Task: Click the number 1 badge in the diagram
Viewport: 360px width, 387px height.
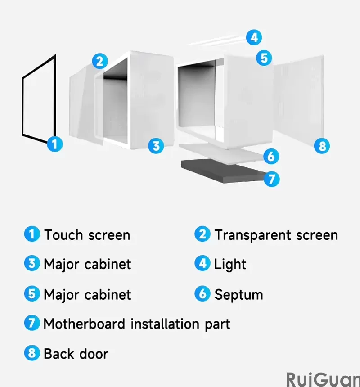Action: coord(54,144)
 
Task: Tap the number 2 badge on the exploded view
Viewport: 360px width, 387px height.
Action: coord(100,61)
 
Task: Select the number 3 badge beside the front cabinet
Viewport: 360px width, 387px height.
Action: coord(156,146)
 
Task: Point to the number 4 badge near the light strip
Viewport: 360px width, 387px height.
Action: coord(254,37)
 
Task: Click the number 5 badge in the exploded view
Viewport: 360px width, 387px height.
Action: coord(264,58)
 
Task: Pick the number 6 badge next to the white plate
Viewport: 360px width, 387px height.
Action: coord(271,157)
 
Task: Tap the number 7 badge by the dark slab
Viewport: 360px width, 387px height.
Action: coord(271,179)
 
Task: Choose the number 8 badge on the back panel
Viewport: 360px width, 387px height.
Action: coord(321,146)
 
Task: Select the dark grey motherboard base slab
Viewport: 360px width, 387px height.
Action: coord(220,171)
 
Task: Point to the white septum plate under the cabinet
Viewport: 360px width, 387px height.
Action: coord(220,153)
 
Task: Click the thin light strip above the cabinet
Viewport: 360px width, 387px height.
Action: coord(216,42)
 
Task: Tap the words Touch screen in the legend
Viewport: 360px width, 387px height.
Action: coord(87,235)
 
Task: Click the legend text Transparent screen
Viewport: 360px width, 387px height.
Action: coord(275,235)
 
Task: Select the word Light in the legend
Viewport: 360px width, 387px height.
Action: coord(230,264)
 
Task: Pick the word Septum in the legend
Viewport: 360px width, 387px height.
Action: coord(238,295)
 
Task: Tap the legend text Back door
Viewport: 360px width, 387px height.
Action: coord(76,353)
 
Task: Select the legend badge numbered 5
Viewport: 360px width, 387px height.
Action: coord(31,294)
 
